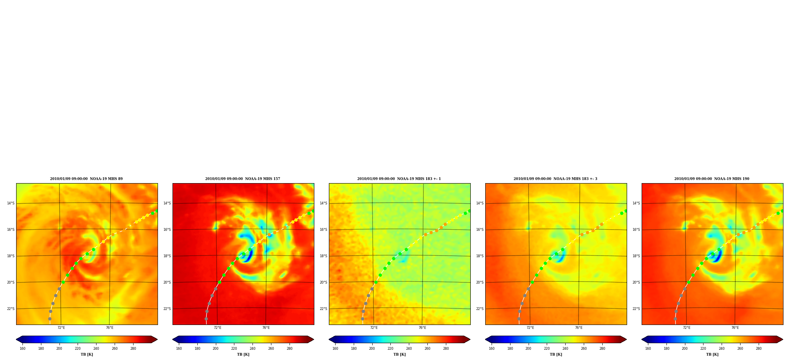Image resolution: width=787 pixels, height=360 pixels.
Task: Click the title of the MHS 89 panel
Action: click(86, 179)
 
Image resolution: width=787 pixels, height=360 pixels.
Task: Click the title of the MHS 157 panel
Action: click(243, 179)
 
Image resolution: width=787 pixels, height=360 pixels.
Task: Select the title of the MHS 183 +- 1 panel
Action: click(399, 179)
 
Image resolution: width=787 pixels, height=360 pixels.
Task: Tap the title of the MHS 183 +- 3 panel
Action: click(555, 179)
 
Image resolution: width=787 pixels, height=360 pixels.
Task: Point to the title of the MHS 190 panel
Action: click(712, 179)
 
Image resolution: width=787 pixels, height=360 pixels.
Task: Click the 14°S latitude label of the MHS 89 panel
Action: click(11, 203)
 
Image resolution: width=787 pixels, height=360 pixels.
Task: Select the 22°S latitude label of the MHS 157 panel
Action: click(167, 309)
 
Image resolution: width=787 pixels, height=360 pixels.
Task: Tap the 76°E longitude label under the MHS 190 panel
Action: click(735, 328)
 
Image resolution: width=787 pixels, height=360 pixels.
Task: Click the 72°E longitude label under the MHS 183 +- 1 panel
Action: click(374, 328)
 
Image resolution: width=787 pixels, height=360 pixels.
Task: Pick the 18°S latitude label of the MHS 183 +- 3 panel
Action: click(480, 256)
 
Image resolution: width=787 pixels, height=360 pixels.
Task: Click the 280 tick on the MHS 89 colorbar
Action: click(133, 349)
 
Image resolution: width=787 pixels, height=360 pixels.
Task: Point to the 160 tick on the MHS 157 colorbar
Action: click(179, 349)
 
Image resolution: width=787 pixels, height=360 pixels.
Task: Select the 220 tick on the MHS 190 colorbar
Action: click(703, 349)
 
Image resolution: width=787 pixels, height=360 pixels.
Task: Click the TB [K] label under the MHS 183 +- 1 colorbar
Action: click(399, 354)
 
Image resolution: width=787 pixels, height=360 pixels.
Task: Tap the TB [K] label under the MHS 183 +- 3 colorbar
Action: click(556, 354)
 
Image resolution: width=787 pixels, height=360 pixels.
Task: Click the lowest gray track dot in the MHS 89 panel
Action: click(50, 319)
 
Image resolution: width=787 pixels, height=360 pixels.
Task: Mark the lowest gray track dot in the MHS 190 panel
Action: click(675, 319)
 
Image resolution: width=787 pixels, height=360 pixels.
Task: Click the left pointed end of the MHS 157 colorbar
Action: click(173, 340)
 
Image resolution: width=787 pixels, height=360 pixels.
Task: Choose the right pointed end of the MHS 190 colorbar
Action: click(783, 340)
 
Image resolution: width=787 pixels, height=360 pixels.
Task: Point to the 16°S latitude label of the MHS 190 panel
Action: click(636, 230)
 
